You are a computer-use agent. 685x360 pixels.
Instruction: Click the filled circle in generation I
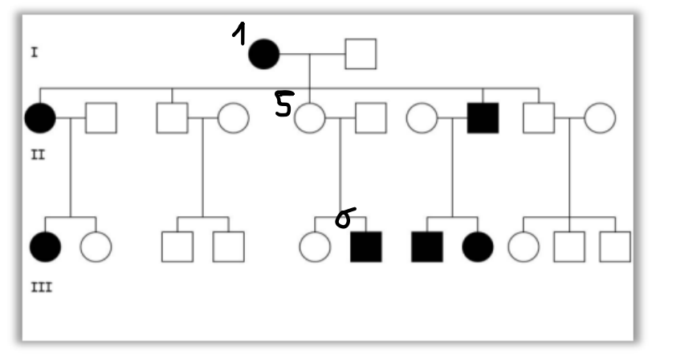click(x=263, y=54)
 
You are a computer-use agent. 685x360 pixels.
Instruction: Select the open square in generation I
click(x=361, y=54)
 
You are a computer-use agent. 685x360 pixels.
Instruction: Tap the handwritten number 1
click(x=239, y=35)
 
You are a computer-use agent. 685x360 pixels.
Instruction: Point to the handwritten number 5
click(x=283, y=104)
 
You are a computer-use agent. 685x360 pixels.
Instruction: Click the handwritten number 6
click(x=344, y=218)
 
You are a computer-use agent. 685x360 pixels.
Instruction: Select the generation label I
click(x=35, y=53)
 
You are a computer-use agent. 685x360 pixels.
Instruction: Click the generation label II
click(x=37, y=153)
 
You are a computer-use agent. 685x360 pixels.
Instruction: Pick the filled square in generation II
click(x=483, y=118)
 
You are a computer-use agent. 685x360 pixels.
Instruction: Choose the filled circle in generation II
click(x=40, y=118)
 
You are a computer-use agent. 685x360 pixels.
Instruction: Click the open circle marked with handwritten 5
click(x=309, y=118)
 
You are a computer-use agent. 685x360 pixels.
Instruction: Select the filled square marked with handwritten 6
click(x=366, y=247)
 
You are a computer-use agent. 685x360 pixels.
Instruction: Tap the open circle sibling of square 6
click(x=314, y=247)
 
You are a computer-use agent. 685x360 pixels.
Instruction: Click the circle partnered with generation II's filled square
click(x=421, y=118)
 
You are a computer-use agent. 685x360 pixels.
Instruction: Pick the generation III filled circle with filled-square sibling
click(x=478, y=247)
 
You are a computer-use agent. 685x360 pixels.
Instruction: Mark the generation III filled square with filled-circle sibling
click(x=426, y=247)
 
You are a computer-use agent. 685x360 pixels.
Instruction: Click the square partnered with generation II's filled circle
click(x=101, y=118)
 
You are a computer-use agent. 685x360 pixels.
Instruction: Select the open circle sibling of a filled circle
click(x=96, y=247)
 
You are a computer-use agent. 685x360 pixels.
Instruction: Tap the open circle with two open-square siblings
click(x=523, y=247)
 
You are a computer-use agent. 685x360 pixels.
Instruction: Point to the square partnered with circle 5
click(x=370, y=118)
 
